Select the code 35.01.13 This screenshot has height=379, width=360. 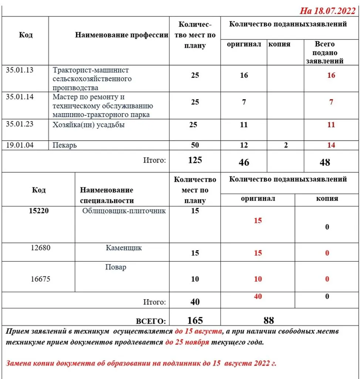click(x=20, y=70)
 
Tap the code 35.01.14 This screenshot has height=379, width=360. click(x=20, y=97)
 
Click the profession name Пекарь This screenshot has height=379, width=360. click(x=65, y=145)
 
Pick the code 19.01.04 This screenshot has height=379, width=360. click(x=20, y=145)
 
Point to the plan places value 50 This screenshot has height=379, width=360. click(x=195, y=145)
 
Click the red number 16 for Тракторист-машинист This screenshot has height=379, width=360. click(x=331, y=76)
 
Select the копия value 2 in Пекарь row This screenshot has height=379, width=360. click(x=286, y=145)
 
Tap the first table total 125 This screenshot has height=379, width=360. click(x=195, y=160)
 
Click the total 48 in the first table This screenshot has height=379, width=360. click(x=324, y=162)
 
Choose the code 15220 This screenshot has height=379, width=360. click(x=38, y=211)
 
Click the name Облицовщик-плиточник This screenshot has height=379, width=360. click(x=124, y=211)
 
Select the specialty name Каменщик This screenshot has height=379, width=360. click(x=124, y=248)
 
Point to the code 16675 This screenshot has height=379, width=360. click(x=41, y=279)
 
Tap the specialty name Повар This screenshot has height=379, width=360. click(x=115, y=267)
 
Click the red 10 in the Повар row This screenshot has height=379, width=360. click(x=258, y=279)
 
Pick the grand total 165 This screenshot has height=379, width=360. click(x=195, y=320)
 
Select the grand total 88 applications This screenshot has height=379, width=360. click(x=269, y=320)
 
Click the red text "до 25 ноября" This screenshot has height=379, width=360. click(x=187, y=342)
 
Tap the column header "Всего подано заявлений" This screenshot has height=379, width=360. click(x=324, y=53)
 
